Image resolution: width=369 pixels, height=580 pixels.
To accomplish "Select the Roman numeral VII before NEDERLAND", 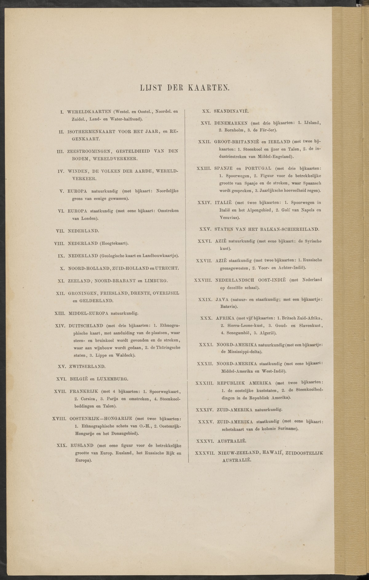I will click(x=60, y=231).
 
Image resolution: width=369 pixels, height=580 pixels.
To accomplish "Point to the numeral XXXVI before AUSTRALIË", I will click(x=206, y=441).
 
